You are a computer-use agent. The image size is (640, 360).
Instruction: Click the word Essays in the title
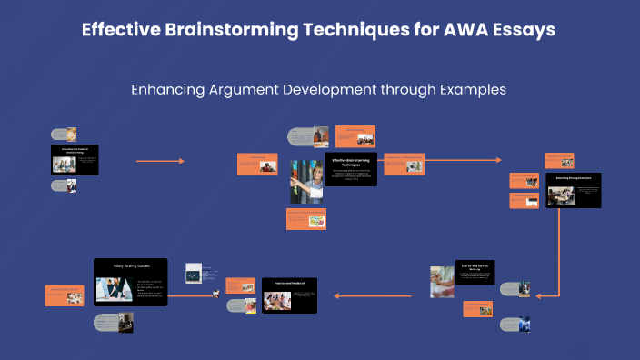click(523, 29)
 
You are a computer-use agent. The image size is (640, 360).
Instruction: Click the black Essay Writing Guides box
click(130, 281)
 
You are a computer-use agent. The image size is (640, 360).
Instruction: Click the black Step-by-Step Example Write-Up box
click(475, 273)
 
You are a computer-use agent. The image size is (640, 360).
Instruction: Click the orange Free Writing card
click(255, 163)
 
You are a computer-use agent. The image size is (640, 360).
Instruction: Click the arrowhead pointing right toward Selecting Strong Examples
click(498, 161)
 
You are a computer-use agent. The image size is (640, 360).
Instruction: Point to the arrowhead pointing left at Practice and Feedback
click(335, 295)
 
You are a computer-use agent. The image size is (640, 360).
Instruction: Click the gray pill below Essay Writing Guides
click(113, 323)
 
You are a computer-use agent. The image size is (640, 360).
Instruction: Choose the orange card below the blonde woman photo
click(305, 217)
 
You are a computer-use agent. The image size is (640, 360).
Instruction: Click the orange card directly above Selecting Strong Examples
click(558, 160)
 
